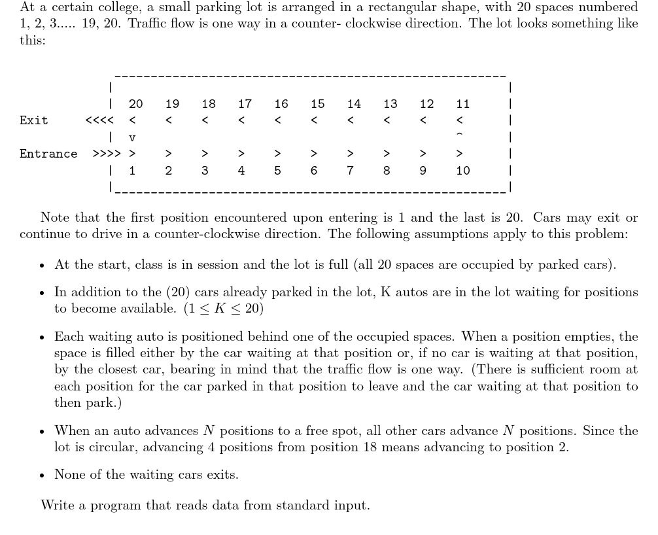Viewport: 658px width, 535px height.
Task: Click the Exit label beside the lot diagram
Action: point(33,120)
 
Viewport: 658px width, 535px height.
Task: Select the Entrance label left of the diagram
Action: point(48,154)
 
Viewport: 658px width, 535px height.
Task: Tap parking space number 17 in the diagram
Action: point(245,104)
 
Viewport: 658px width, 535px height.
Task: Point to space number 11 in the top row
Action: point(462,104)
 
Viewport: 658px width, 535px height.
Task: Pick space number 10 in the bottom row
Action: point(462,171)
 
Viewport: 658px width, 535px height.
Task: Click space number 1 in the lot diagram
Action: point(132,171)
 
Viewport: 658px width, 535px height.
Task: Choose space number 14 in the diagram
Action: point(354,104)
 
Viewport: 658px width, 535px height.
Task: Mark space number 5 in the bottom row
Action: point(277,171)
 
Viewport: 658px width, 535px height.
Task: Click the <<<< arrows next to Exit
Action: point(99,120)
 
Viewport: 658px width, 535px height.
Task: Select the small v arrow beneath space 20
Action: point(132,138)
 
